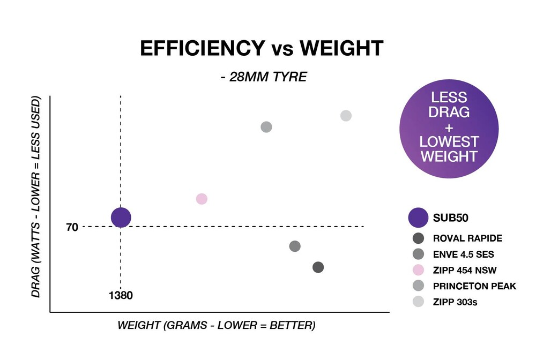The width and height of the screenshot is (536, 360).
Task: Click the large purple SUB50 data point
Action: click(x=121, y=217)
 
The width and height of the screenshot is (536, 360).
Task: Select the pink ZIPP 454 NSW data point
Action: click(x=202, y=199)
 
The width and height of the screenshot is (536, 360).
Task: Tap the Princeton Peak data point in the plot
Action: click(x=266, y=127)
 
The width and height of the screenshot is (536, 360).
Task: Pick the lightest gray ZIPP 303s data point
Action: click(x=346, y=116)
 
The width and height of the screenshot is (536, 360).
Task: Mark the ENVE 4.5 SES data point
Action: click(x=295, y=246)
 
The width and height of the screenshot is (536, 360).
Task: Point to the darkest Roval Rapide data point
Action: click(x=318, y=267)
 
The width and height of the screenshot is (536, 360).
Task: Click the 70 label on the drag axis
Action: click(x=72, y=227)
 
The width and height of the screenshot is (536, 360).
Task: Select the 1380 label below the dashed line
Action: click(x=121, y=295)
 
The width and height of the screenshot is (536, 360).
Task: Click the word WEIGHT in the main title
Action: click(x=341, y=49)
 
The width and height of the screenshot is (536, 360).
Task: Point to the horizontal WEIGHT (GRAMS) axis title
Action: click(x=216, y=326)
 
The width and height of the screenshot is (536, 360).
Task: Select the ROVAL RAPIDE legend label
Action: click(x=467, y=239)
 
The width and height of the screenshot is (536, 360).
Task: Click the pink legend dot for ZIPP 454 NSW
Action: click(x=419, y=270)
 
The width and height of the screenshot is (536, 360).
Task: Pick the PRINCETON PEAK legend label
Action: click(x=474, y=286)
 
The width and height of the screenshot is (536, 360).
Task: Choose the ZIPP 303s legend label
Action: click(x=455, y=302)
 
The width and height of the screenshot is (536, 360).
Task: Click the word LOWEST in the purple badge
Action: click(x=449, y=142)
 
